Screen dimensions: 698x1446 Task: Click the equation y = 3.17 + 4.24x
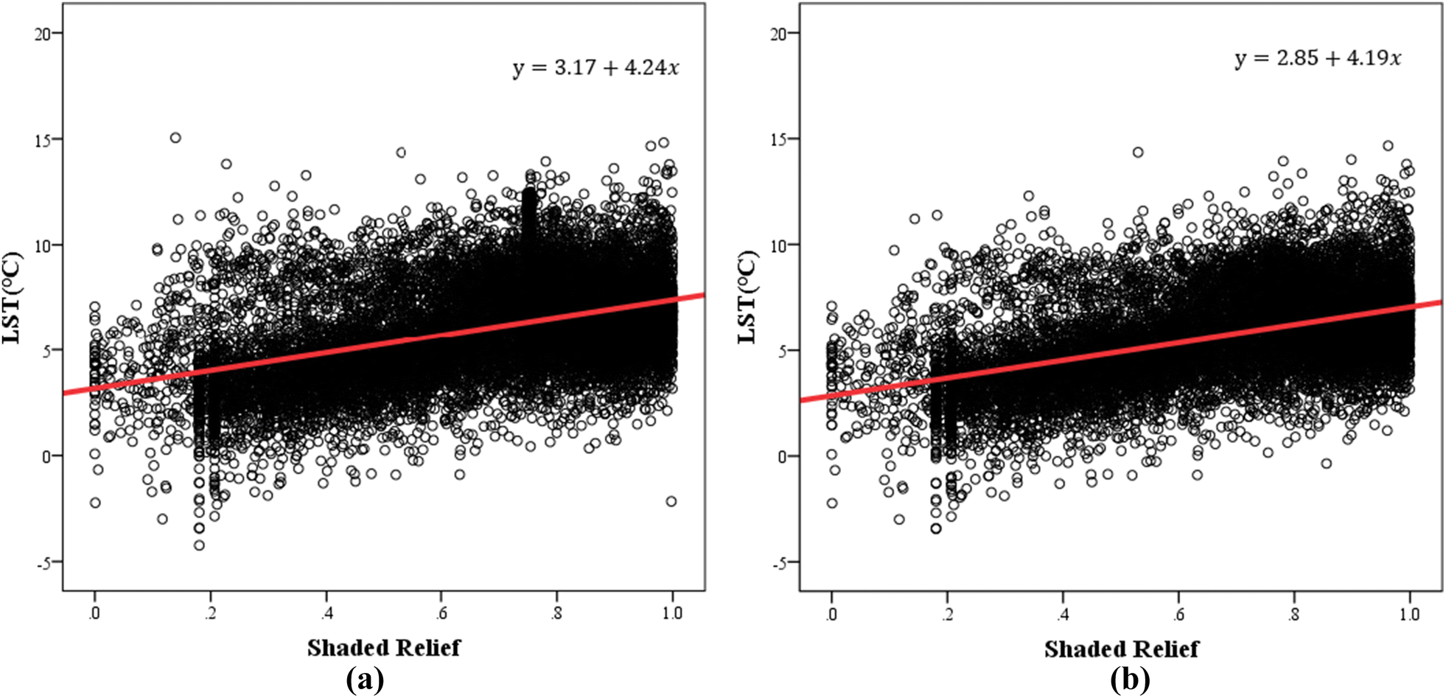tap(595, 68)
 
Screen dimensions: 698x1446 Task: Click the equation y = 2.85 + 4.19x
tap(1318, 58)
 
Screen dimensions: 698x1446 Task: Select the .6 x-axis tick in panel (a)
tap(441, 613)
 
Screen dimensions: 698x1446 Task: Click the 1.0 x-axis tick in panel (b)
tap(1408, 613)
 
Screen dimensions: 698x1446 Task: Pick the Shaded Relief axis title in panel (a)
tap(383, 648)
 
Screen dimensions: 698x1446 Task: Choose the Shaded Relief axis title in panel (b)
tap(1120, 649)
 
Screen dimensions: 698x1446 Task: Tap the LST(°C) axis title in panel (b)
tap(747, 298)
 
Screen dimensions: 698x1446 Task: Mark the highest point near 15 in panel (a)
tap(175, 138)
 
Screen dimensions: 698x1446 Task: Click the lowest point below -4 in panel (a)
tap(199, 545)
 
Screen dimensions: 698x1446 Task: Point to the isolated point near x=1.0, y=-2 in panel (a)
tap(671, 501)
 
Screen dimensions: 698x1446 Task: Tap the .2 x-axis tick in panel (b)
tap(947, 613)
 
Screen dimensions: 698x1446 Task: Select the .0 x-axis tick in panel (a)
tap(94, 613)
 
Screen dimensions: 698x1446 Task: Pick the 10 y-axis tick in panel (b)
tap(778, 245)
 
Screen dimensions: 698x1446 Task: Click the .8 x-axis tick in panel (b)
tap(1293, 613)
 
